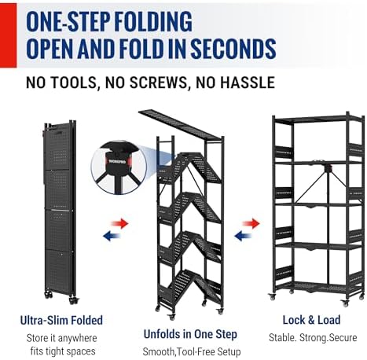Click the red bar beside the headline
[x=8, y=35]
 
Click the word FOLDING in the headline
[x=153, y=21]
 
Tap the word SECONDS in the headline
[x=233, y=49]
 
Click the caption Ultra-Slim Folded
[x=61, y=320]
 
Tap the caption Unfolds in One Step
[x=190, y=334]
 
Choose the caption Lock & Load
[x=311, y=320]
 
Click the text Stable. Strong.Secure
[x=313, y=337]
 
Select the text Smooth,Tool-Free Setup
[x=192, y=351]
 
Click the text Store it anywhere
[x=61, y=338]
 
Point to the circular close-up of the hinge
[x=119, y=167]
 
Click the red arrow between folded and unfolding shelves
[x=119, y=224]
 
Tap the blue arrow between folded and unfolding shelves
[x=112, y=236]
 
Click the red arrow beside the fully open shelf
[x=251, y=223]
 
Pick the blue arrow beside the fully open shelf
[x=243, y=236]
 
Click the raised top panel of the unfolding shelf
[x=181, y=124]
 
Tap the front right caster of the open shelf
[x=345, y=303]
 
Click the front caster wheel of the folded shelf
[x=73, y=300]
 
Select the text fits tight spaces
[x=63, y=351]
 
